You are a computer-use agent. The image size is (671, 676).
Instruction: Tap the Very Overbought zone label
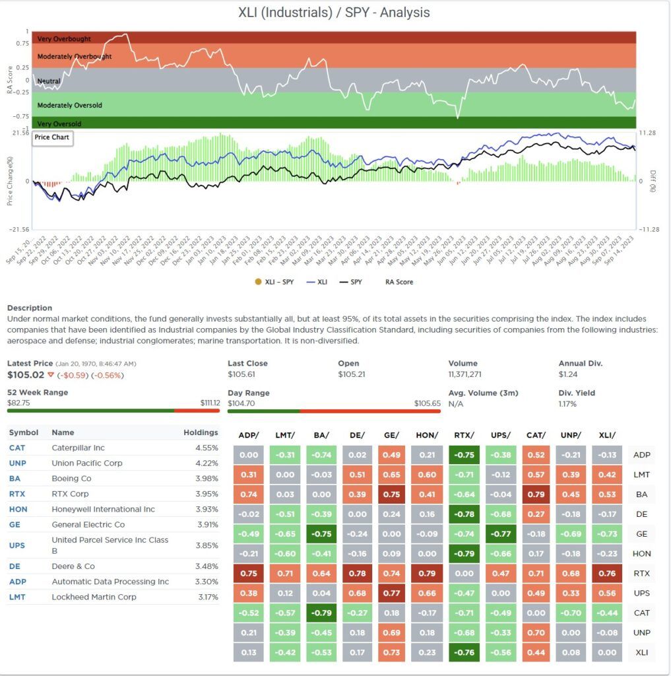[64, 39]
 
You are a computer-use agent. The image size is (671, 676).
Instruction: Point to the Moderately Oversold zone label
[69, 106]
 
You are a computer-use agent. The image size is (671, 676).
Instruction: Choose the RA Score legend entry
[399, 282]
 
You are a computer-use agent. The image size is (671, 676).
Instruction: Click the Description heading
[30, 308]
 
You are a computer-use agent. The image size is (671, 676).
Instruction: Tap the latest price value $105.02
[25, 375]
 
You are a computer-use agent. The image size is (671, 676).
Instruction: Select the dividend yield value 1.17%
[567, 404]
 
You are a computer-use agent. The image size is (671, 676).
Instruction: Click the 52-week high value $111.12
[210, 403]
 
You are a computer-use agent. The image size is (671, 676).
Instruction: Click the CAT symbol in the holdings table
[17, 448]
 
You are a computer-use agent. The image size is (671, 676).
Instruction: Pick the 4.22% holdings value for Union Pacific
[207, 463]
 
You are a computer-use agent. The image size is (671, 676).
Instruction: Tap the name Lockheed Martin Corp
[94, 597]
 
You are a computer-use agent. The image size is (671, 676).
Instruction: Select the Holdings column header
[201, 432]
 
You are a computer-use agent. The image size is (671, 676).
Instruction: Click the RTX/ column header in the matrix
[464, 434]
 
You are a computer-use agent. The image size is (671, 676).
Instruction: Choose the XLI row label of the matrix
[641, 653]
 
